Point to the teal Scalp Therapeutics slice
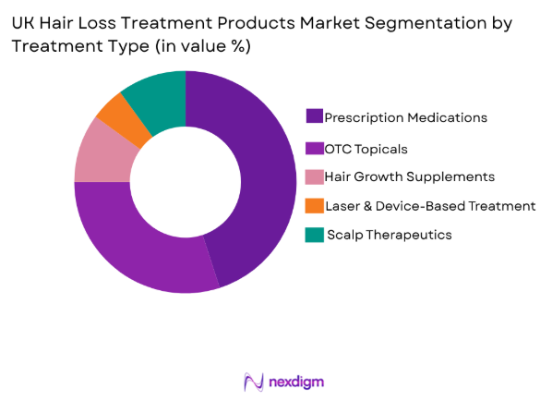[155, 93]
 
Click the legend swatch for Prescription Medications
[315, 116]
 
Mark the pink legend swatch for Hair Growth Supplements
[315, 176]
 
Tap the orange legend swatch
[315, 205]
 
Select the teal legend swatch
[315, 235]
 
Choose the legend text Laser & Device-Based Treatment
[431, 206]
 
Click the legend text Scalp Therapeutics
[390, 236]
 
